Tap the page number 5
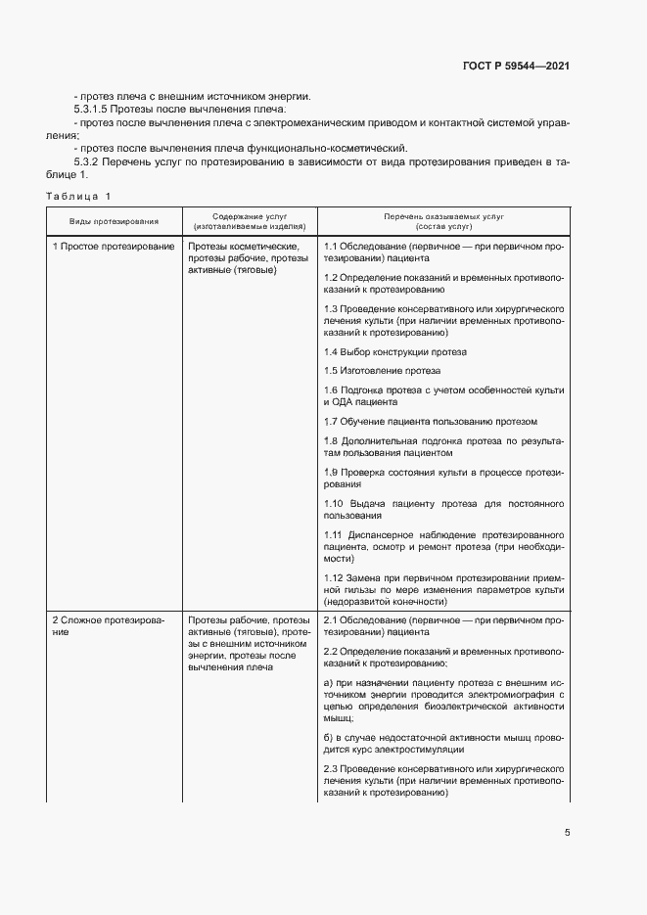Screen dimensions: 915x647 567,833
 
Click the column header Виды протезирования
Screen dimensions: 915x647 113,222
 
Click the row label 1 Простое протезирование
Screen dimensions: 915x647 113,248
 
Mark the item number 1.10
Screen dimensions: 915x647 333,503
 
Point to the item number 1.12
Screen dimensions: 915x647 333,577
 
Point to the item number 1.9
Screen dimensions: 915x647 330,473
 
